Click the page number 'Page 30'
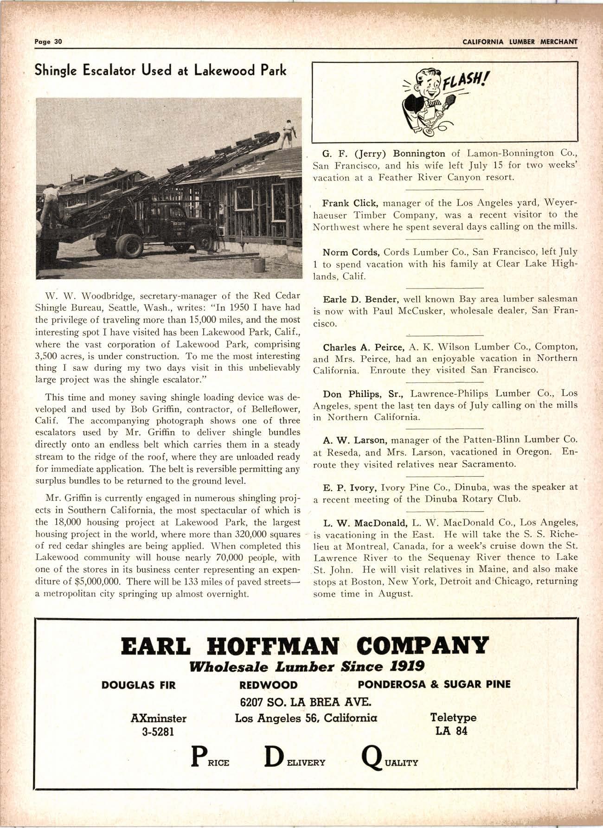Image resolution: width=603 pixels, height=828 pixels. pyautogui.click(x=48, y=41)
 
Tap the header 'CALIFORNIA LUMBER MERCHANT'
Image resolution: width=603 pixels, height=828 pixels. pyautogui.click(x=520, y=42)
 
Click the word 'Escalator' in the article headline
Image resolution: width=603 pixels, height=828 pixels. pyautogui.click(x=112, y=71)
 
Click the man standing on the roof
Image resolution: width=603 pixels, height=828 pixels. pyautogui.click(x=288, y=133)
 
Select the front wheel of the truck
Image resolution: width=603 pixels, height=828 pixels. pyautogui.click(x=129, y=246)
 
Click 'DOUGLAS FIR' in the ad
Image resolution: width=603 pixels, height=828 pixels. pyautogui.click(x=139, y=685)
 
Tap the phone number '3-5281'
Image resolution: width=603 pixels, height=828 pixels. pyautogui.click(x=158, y=732)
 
